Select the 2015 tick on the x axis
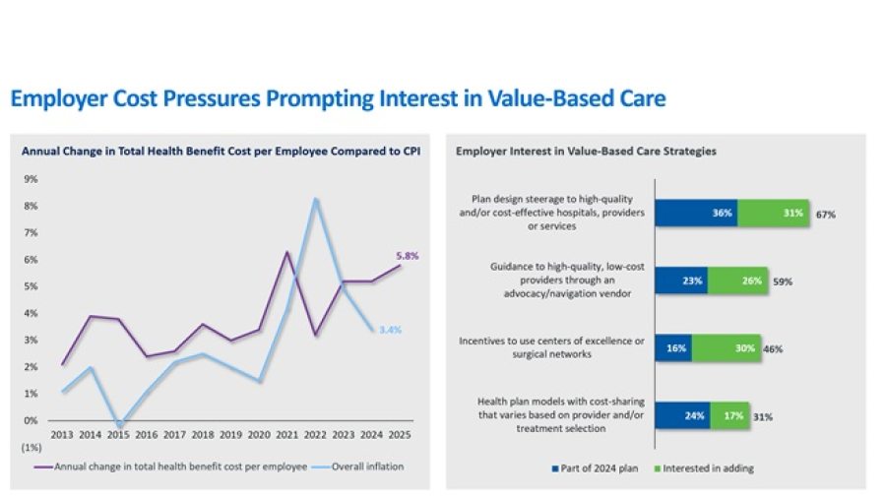tap(117, 434)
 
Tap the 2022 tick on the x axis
tap(316, 434)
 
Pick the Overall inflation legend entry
tap(366, 467)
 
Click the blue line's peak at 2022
tap(316, 199)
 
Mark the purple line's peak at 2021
tap(285, 252)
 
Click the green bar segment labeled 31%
tap(774, 212)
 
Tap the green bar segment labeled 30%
tap(726, 347)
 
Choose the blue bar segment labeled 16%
tap(673, 347)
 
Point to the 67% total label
tap(825, 213)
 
